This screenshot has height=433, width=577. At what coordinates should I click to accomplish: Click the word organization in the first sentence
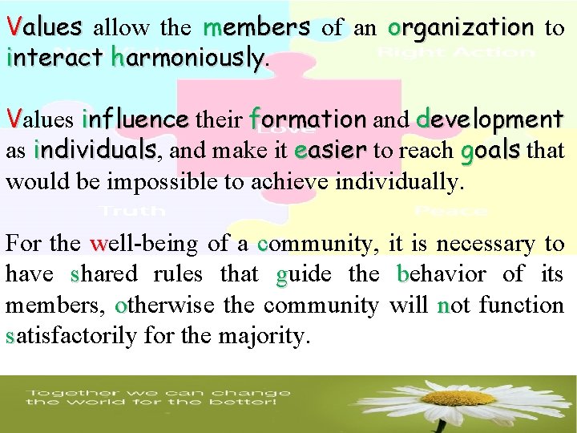point(461,29)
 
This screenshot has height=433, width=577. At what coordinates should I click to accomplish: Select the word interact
point(54,58)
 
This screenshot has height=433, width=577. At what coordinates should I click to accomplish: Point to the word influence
point(135,120)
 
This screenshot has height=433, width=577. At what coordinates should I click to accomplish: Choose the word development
point(490,120)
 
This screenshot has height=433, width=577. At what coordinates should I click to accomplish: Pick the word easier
point(330,151)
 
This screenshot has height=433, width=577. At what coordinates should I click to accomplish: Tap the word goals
point(492,152)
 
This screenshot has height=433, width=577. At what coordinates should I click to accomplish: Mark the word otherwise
point(165,306)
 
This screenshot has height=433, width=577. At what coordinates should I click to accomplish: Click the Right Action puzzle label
point(456,53)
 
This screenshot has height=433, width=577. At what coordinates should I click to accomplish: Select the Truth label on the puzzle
point(131,211)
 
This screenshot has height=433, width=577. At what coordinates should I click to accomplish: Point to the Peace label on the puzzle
point(451,211)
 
